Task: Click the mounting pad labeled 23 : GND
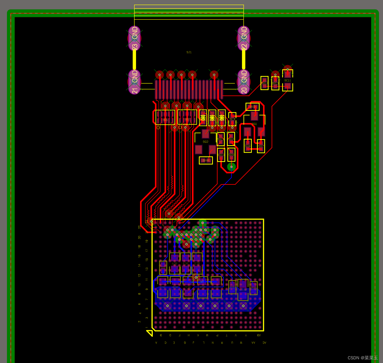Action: [x=135, y=38]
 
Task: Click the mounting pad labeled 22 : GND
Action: [x=244, y=38]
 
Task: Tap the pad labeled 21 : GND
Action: [x=135, y=82]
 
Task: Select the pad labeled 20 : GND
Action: [x=244, y=82]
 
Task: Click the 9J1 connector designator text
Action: [x=189, y=52]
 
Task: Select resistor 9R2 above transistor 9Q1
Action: [x=252, y=107]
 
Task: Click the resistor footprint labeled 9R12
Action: [x=265, y=83]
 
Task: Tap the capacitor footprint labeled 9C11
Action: [x=288, y=80]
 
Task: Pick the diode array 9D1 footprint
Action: [x=165, y=117]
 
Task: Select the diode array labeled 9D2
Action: [x=187, y=117]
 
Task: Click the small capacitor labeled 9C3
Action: [x=232, y=119]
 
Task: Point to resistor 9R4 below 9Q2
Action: [x=206, y=160]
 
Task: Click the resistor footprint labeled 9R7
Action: [x=261, y=146]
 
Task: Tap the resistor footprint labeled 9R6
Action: [x=248, y=146]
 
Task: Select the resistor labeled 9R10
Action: [x=221, y=155]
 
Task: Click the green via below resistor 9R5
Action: [x=231, y=167]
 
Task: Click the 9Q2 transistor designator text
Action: [x=206, y=142]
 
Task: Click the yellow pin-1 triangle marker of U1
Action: [x=149, y=333]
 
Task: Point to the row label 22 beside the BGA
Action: [x=139, y=227]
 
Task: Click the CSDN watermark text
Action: [x=362, y=358]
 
